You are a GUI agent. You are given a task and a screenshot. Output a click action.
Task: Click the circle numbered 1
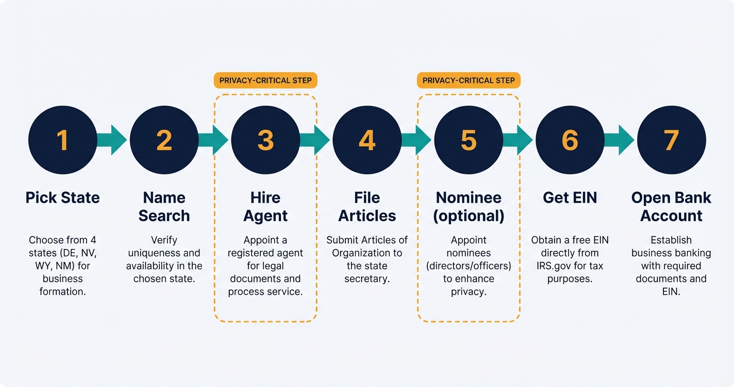click(62, 140)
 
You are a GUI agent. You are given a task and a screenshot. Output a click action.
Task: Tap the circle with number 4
click(367, 140)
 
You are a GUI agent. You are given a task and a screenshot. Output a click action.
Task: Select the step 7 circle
click(671, 140)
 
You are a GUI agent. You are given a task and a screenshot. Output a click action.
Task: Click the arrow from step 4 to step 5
click(417, 140)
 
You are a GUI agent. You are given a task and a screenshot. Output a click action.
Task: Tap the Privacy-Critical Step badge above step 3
click(265, 80)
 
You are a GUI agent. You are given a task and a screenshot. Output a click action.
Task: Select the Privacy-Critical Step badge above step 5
click(469, 80)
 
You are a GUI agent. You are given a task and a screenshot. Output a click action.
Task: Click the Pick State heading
click(62, 198)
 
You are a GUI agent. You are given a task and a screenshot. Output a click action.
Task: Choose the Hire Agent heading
click(265, 206)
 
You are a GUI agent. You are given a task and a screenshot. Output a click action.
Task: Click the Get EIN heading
click(570, 198)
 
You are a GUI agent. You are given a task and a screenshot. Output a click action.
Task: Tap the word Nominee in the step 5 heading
click(469, 198)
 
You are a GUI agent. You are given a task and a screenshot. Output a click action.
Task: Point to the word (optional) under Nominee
click(469, 216)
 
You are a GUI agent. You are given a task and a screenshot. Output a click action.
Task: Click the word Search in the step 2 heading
click(164, 216)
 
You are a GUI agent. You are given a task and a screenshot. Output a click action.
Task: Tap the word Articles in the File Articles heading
click(367, 216)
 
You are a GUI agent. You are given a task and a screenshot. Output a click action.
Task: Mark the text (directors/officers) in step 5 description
click(469, 266)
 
